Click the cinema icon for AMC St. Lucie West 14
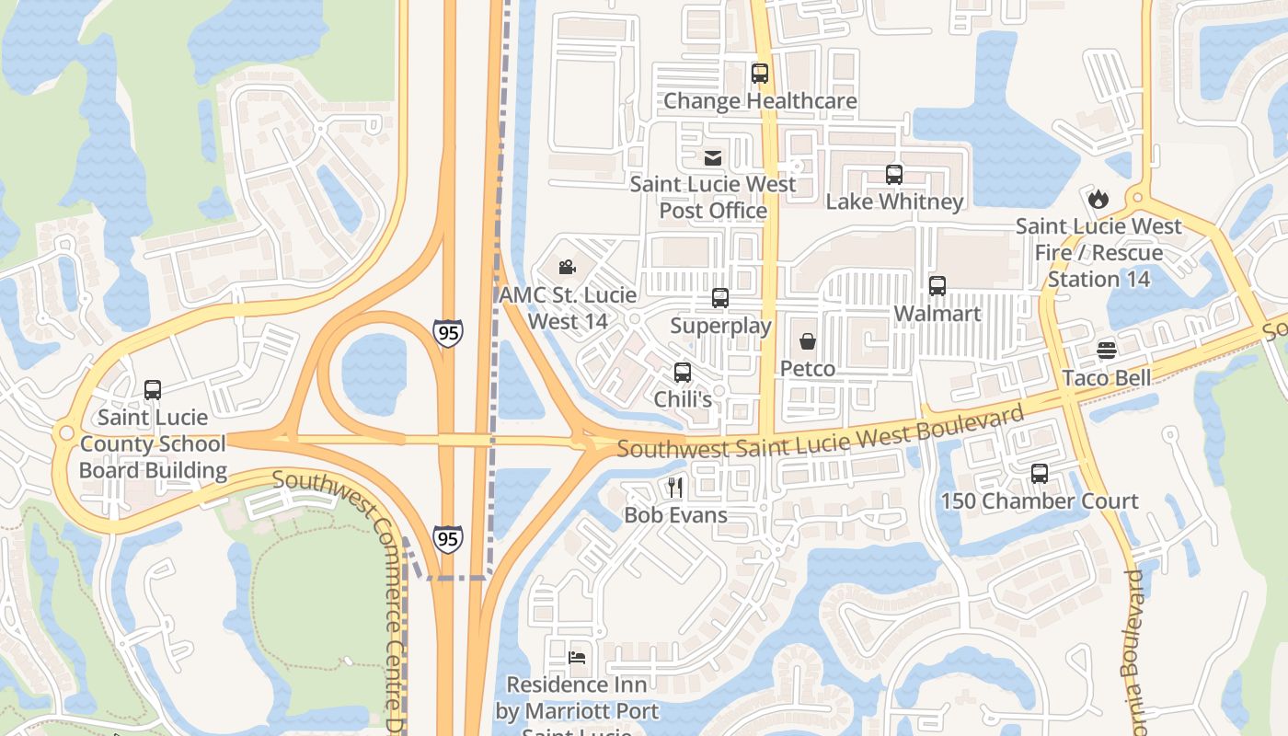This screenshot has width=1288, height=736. pos(568,268)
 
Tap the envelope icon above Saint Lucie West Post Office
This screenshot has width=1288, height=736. pos(713,157)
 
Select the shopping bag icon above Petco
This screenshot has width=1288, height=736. pos(808,342)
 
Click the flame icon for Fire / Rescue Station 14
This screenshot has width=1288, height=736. pos(1098,199)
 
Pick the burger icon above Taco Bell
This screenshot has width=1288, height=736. pos(1106,351)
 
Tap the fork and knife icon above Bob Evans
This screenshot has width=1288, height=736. pos(675,487)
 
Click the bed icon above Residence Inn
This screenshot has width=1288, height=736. pos(577,658)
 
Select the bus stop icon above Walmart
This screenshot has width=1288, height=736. pos(937,286)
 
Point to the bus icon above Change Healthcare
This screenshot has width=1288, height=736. pos(760,74)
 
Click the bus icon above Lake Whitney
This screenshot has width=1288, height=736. pos(894,174)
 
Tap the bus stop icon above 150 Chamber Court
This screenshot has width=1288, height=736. pos(1040,474)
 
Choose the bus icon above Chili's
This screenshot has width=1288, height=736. pos(683,373)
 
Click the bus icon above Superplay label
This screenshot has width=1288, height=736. pos(720,298)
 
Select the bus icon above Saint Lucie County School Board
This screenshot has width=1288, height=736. pos(153,390)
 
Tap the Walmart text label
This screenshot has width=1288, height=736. pos(937,314)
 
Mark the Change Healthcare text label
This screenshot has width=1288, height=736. pos(760,101)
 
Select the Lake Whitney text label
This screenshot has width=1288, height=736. pos(894,201)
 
